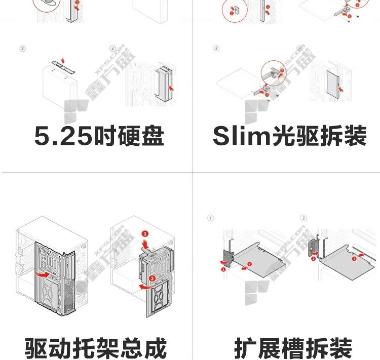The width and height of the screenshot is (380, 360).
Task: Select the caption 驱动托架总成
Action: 96,348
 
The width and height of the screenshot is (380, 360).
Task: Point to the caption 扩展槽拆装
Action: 293,348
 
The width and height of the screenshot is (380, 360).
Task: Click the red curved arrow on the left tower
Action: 45,274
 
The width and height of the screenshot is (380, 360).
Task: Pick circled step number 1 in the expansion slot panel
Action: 210,218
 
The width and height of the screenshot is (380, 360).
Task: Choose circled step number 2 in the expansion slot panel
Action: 304,218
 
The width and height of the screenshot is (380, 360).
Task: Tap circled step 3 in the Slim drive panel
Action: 217,49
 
